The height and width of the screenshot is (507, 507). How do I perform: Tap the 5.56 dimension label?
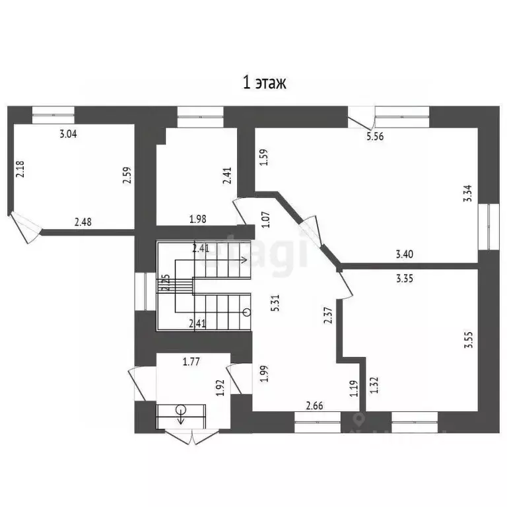375,137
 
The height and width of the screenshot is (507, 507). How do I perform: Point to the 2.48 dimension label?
83,222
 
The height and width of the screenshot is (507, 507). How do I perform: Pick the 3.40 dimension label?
405,253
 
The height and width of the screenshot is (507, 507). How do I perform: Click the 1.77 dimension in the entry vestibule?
191,361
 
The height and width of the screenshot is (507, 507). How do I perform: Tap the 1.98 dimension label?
199,219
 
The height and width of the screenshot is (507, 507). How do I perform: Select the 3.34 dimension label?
467,193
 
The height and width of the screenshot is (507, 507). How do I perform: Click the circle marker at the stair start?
246,312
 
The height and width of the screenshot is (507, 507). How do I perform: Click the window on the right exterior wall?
490,226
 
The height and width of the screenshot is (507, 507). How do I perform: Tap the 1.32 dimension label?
374,385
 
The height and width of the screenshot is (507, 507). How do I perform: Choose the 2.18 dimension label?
20,171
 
